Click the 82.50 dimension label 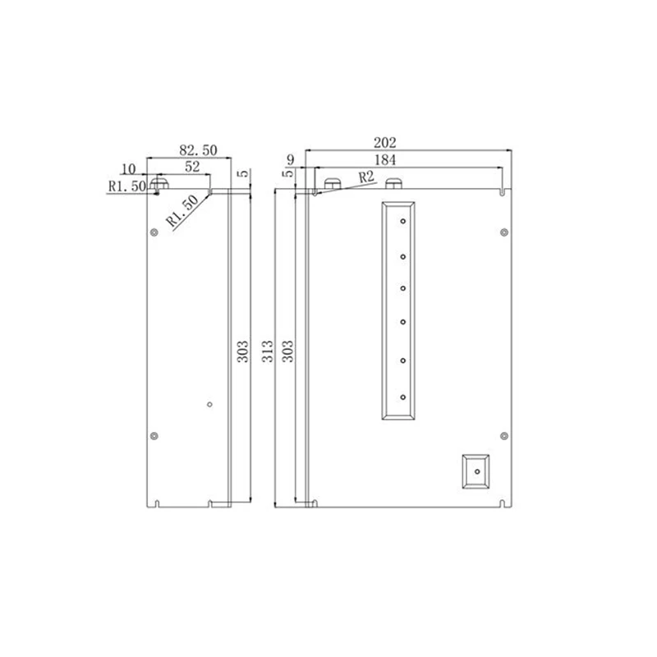pos(198,150)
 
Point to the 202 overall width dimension pos(384,143)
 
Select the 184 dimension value pos(384,160)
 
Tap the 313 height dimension pos(268,351)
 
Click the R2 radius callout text pos(366,177)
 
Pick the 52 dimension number pos(192,167)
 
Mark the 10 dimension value pos(129,169)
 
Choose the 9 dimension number pos(291,159)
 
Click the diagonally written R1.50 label pos(182,211)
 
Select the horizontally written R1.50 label pos(127,186)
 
